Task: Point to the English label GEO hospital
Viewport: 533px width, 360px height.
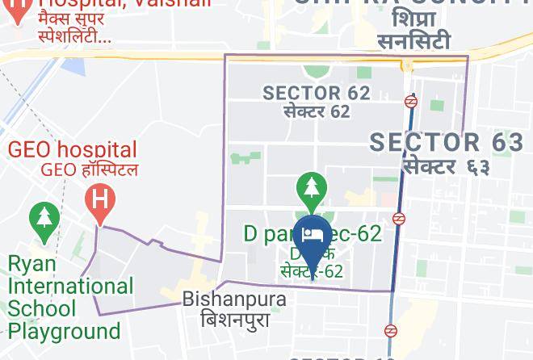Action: [73, 150]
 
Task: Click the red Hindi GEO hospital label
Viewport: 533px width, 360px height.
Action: [89, 170]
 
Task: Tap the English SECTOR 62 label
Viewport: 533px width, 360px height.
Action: [317, 93]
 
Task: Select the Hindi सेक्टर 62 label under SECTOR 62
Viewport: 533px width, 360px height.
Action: [317, 111]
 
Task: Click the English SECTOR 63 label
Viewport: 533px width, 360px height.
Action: [447, 143]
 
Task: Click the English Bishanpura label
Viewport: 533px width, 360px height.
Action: [234, 299]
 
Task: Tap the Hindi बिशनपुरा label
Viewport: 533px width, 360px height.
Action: [234, 319]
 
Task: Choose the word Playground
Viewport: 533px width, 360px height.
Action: [64, 331]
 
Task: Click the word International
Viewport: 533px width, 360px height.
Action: [70, 287]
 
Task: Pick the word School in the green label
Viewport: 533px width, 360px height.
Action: [41, 308]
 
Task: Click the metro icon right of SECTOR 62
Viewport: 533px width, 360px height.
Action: [412, 102]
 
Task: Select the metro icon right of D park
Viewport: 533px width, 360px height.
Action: [399, 219]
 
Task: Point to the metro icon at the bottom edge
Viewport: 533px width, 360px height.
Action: [391, 331]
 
